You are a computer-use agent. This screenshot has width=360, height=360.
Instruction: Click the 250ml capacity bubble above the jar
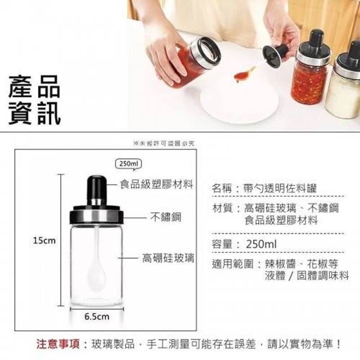[x=128, y=164]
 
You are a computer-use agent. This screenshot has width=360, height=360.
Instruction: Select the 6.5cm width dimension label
[x=97, y=316]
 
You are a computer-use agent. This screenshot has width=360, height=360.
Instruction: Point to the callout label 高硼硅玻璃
[x=168, y=258]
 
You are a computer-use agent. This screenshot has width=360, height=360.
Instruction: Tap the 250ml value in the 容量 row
[x=261, y=245]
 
